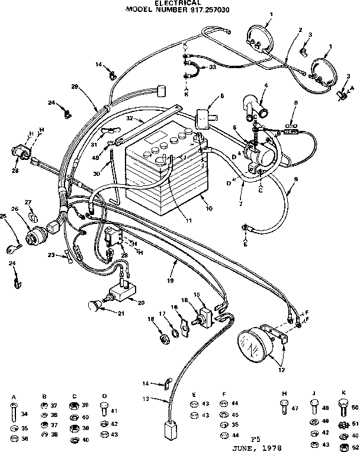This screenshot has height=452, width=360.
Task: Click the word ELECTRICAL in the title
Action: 179,3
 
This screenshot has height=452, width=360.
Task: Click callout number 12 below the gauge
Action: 281,371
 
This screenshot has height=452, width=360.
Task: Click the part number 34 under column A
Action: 24,414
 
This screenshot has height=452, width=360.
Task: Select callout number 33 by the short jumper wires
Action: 212,68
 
